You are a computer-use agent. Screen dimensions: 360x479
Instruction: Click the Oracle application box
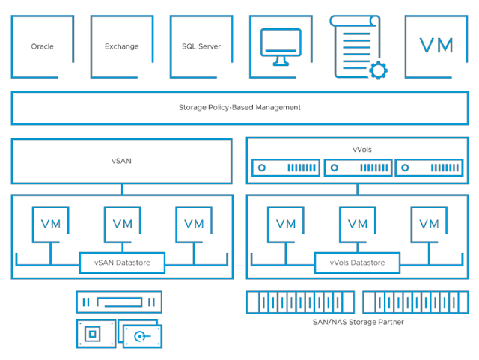coord(43,46)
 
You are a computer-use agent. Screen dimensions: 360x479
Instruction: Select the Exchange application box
coord(121,46)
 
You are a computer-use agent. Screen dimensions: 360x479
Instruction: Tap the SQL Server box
coord(201,46)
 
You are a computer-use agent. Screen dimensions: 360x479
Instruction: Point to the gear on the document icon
coord(379,70)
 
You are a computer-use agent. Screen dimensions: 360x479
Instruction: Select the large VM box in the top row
coord(436,46)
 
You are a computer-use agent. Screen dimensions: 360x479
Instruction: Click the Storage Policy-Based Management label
coord(239,108)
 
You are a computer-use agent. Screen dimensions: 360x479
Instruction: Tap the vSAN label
coord(121,161)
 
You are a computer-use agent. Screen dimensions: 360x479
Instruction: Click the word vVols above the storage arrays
coord(361,150)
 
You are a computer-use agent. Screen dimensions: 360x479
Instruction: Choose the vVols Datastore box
coord(358,263)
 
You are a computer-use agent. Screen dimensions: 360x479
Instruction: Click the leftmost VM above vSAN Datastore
coord(50,224)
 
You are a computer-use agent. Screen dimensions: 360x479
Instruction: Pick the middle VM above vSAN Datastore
coord(122,224)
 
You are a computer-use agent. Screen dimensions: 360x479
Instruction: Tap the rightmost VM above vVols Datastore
coord(430,224)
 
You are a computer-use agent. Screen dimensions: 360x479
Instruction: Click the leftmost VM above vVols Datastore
coord(286,224)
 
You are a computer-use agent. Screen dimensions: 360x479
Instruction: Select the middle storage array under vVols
coord(358,168)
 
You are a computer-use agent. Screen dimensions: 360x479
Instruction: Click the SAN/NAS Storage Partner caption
coord(358,322)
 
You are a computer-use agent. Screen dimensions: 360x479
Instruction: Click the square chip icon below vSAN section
coord(94,334)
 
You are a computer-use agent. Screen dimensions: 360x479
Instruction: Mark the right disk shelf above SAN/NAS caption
coord(415,302)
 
